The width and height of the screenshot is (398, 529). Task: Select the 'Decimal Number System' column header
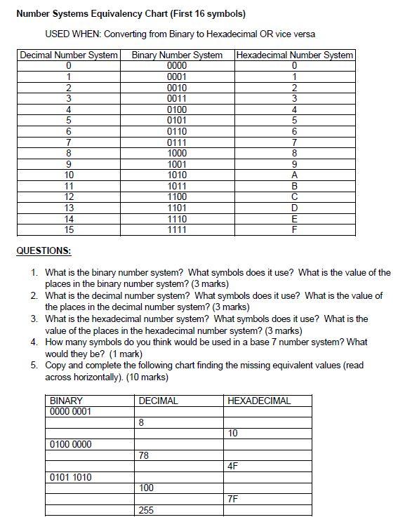pyautogui.click(x=69, y=55)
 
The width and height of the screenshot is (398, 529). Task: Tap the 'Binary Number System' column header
pyautogui.click(x=178, y=55)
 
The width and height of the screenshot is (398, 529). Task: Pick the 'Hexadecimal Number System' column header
pyautogui.click(x=295, y=55)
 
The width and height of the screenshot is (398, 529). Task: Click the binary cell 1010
pyautogui.click(x=178, y=175)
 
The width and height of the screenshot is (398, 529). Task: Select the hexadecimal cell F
pyautogui.click(x=295, y=229)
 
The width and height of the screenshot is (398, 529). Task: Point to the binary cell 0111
pyautogui.click(x=178, y=142)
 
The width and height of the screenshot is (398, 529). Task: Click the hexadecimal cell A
pyautogui.click(x=295, y=175)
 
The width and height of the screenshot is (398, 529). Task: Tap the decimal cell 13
pyautogui.click(x=69, y=208)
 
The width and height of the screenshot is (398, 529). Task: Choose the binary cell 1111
pyautogui.click(x=178, y=229)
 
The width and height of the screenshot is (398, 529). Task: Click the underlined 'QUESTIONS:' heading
pyautogui.click(x=44, y=250)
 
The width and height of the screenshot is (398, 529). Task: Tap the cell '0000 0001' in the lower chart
pyautogui.click(x=71, y=411)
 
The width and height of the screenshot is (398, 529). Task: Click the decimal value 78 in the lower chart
pyautogui.click(x=145, y=455)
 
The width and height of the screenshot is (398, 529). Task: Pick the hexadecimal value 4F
pyautogui.click(x=234, y=466)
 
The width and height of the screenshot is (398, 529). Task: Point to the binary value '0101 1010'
pyautogui.click(x=71, y=477)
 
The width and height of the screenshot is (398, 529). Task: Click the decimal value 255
pyautogui.click(x=146, y=510)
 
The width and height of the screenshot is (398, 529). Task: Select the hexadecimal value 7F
pyautogui.click(x=234, y=499)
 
